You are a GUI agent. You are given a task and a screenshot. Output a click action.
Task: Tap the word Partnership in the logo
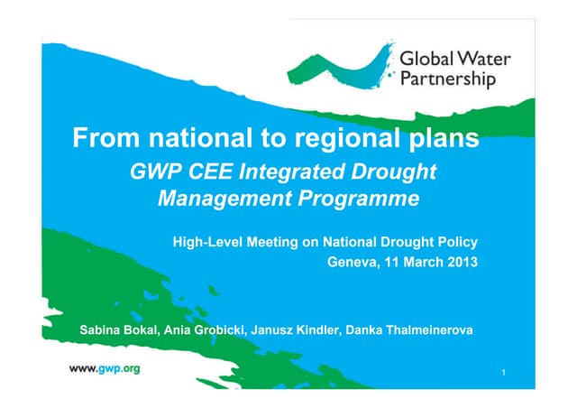click(x=447, y=80)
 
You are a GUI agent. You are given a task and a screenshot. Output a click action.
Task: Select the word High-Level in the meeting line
click(x=206, y=242)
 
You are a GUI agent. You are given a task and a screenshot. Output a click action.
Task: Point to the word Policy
click(x=455, y=242)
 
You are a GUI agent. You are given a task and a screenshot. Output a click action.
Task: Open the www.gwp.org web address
click(x=105, y=369)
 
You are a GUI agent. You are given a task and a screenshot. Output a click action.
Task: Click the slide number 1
click(x=502, y=372)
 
